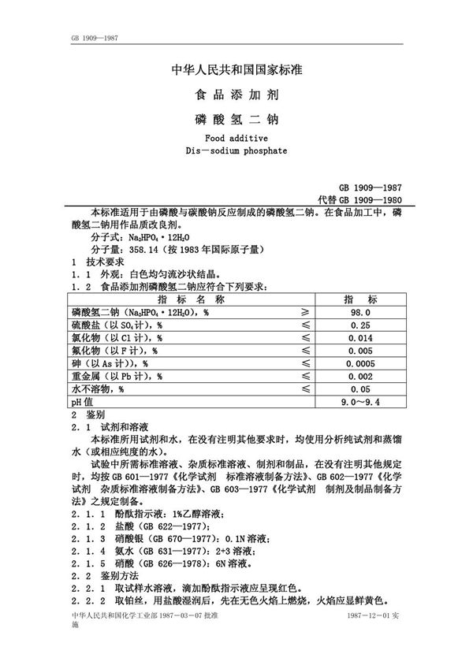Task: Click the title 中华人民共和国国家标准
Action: pos(236,71)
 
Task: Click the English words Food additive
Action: pos(236,138)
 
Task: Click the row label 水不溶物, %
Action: pos(99,389)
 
